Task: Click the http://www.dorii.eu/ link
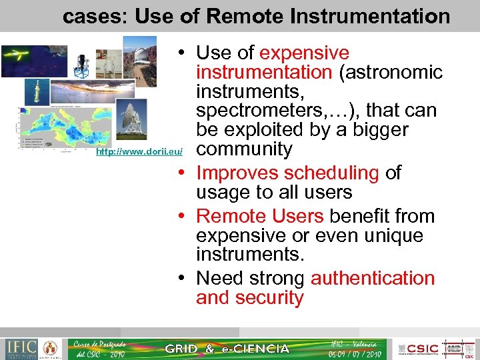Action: pyautogui.click(x=139, y=153)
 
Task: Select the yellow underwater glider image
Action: pyautogui.click(x=25, y=61)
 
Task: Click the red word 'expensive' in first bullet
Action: pyautogui.click(x=304, y=53)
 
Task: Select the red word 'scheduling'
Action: pyautogui.click(x=287, y=173)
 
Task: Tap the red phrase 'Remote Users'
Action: pyautogui.click(x=259, y=216)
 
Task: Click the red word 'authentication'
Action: pyautogui.click(x=373, y=278)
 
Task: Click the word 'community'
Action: pyautogui.click(x=244, y=149)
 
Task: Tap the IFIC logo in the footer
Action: pyautogui.click(x=21, y=348)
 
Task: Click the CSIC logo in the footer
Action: pyautogui.click(x=421, y=348)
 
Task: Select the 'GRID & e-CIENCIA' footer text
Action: pyautogui.click(x=227, y=349)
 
